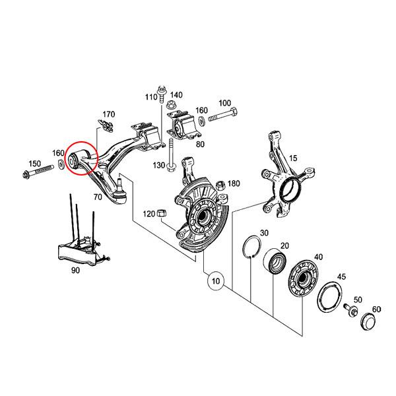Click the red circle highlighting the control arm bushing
coord(82,158)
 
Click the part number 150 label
coord(34,163)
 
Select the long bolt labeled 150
coord(39,174)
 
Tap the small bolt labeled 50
coord(350,310)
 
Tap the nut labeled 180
coord(216,184)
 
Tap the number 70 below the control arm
coord(97,197)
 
